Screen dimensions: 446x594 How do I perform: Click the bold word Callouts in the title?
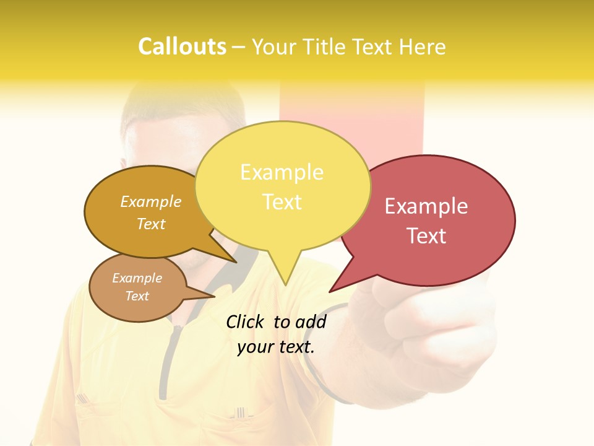tap(182, 46)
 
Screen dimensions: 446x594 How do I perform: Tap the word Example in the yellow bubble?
tap(282, 172)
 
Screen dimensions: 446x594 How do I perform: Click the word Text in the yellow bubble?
tap(282, 202)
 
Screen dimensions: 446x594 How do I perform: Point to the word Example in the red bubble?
tap(426, 206)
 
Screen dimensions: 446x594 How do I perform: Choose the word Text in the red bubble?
tap(426, 236)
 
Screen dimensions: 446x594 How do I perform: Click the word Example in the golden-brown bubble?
tap(150, 202)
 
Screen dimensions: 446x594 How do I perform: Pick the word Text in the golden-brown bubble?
tap(150, 224)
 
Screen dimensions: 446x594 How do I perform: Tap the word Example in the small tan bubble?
tap(137, 278)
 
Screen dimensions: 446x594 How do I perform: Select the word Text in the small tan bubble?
tap(137, 296)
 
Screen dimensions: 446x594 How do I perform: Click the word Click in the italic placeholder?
tap(247, 321)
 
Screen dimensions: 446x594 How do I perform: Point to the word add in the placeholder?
tap(311, 321)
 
